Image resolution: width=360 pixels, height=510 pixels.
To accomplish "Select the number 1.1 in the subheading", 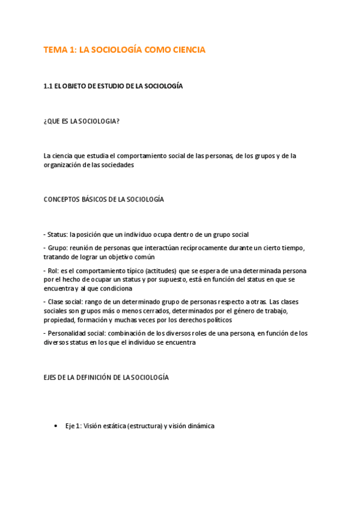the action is coord(48,86).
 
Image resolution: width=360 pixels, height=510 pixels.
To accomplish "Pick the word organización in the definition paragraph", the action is coord(62,165).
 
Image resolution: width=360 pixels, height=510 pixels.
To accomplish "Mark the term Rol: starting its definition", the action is coord(53,271).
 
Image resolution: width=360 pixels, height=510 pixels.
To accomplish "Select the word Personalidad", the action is coord(66,333).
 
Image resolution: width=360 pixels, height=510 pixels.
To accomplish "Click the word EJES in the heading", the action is coord(50,377).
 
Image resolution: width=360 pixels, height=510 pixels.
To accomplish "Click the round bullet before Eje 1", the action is coord(55,426).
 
